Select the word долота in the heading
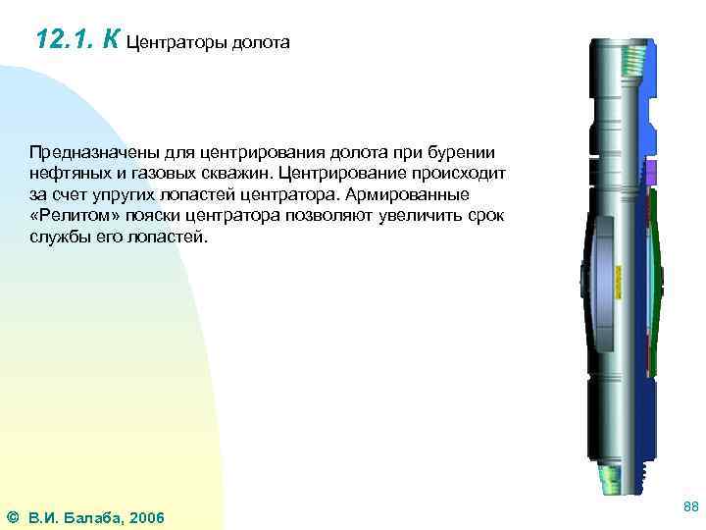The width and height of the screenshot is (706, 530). click(260, 43)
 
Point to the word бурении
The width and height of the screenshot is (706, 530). click(463, 153)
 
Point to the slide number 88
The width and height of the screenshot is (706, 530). click(689, 506)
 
